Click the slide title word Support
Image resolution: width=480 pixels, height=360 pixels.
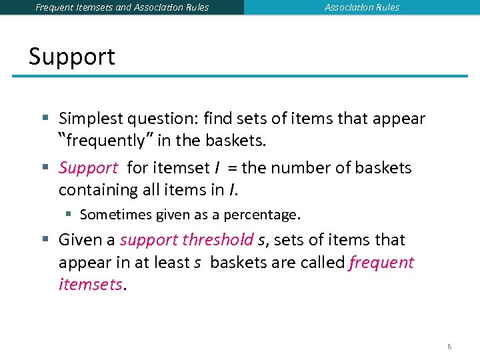[72, 57]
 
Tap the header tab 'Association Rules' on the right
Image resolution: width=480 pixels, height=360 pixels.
[362, 7]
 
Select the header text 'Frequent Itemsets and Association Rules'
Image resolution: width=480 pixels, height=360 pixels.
[122, 7]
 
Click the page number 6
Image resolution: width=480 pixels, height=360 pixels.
[449, 347]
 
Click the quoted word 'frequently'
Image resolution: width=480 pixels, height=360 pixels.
[101, 141]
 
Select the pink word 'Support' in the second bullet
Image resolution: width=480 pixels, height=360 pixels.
[88, 168]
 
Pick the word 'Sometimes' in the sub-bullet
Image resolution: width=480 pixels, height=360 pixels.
[115, 215]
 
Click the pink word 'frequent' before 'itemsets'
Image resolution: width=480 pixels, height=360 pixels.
[381, 263]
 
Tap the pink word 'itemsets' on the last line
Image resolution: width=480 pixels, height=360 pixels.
[90, 285]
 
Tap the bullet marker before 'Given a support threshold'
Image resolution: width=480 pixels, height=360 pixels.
[45, 240]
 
